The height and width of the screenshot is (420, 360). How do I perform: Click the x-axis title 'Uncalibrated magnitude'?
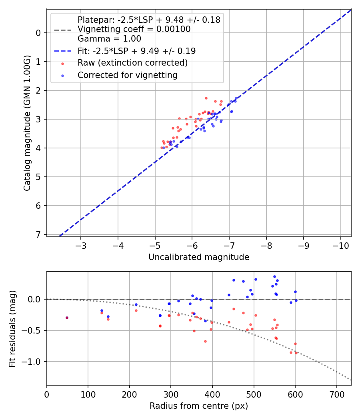[199, 257]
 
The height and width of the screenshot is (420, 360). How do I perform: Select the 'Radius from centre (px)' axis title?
[199, 406]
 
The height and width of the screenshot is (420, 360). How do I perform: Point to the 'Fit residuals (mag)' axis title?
[12, 328]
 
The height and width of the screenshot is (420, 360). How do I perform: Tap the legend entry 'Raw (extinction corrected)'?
[132, 63]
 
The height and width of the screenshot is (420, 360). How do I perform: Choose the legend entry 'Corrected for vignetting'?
[128, 75]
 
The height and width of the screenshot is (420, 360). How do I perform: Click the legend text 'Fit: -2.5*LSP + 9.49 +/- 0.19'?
[136, 51]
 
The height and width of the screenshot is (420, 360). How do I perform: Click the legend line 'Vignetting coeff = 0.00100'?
[134, 29]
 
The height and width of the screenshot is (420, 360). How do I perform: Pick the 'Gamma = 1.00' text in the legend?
[109, 39]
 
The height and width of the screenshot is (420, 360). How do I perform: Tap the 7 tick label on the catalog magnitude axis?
[39, 234]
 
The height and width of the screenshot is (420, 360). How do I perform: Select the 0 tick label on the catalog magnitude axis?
[39, 33]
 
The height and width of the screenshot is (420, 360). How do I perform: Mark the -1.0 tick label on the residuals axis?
[34, 362]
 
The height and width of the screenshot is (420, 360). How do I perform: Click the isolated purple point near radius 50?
[67, 318]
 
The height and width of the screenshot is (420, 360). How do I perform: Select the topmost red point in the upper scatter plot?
[206, 98]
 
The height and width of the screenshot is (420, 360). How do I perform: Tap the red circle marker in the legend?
[62, 63]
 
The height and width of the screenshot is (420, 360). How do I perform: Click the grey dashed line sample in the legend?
[62, 30]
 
